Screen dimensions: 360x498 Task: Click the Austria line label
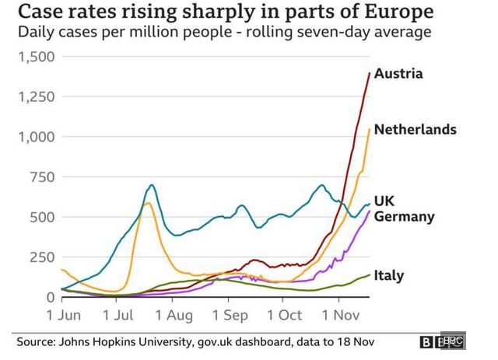pos(398,74)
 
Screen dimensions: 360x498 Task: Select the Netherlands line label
pos(415,129)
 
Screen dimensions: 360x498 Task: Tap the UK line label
pos(385,201)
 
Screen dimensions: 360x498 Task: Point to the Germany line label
pos(404,216)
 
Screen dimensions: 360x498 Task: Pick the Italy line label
pos(388,275)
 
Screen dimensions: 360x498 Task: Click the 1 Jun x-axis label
pos(63,316)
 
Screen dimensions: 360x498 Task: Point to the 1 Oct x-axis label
pos(284,316)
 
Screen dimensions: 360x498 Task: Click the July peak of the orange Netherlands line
pos(146,203)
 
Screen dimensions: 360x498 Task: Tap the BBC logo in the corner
pos(441,341)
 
